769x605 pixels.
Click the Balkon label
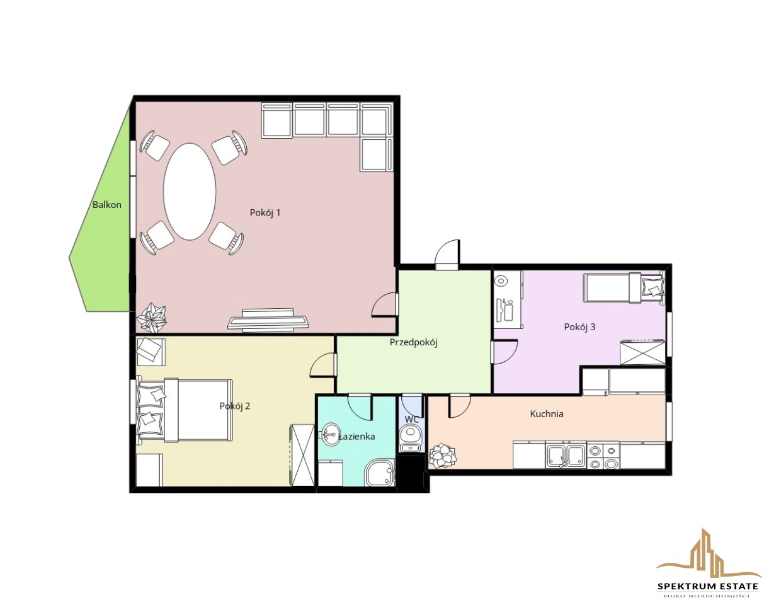click(x=107, y=205)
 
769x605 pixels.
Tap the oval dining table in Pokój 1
click(x=190, y=192)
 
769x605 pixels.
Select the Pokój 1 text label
click(x=265, y=213)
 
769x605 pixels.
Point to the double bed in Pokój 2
click(x=185, y=410)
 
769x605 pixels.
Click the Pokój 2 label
click(x=235, y=406)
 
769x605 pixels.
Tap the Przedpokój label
click(x=413, y=343)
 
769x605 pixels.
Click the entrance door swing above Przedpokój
click(x=447, y=255)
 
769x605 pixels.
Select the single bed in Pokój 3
click(x=624, y=287)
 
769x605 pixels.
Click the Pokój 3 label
click(x=579, y=327)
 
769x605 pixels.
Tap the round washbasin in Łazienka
click(x=330, y=435)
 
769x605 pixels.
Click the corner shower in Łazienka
click(x=380, y=473)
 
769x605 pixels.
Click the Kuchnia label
click(x=547, y=414)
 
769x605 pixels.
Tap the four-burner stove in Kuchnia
click(x=603, y=456)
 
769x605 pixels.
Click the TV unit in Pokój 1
click(x=268, y=320)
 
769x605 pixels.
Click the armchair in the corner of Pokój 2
click(x=151, y=351)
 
